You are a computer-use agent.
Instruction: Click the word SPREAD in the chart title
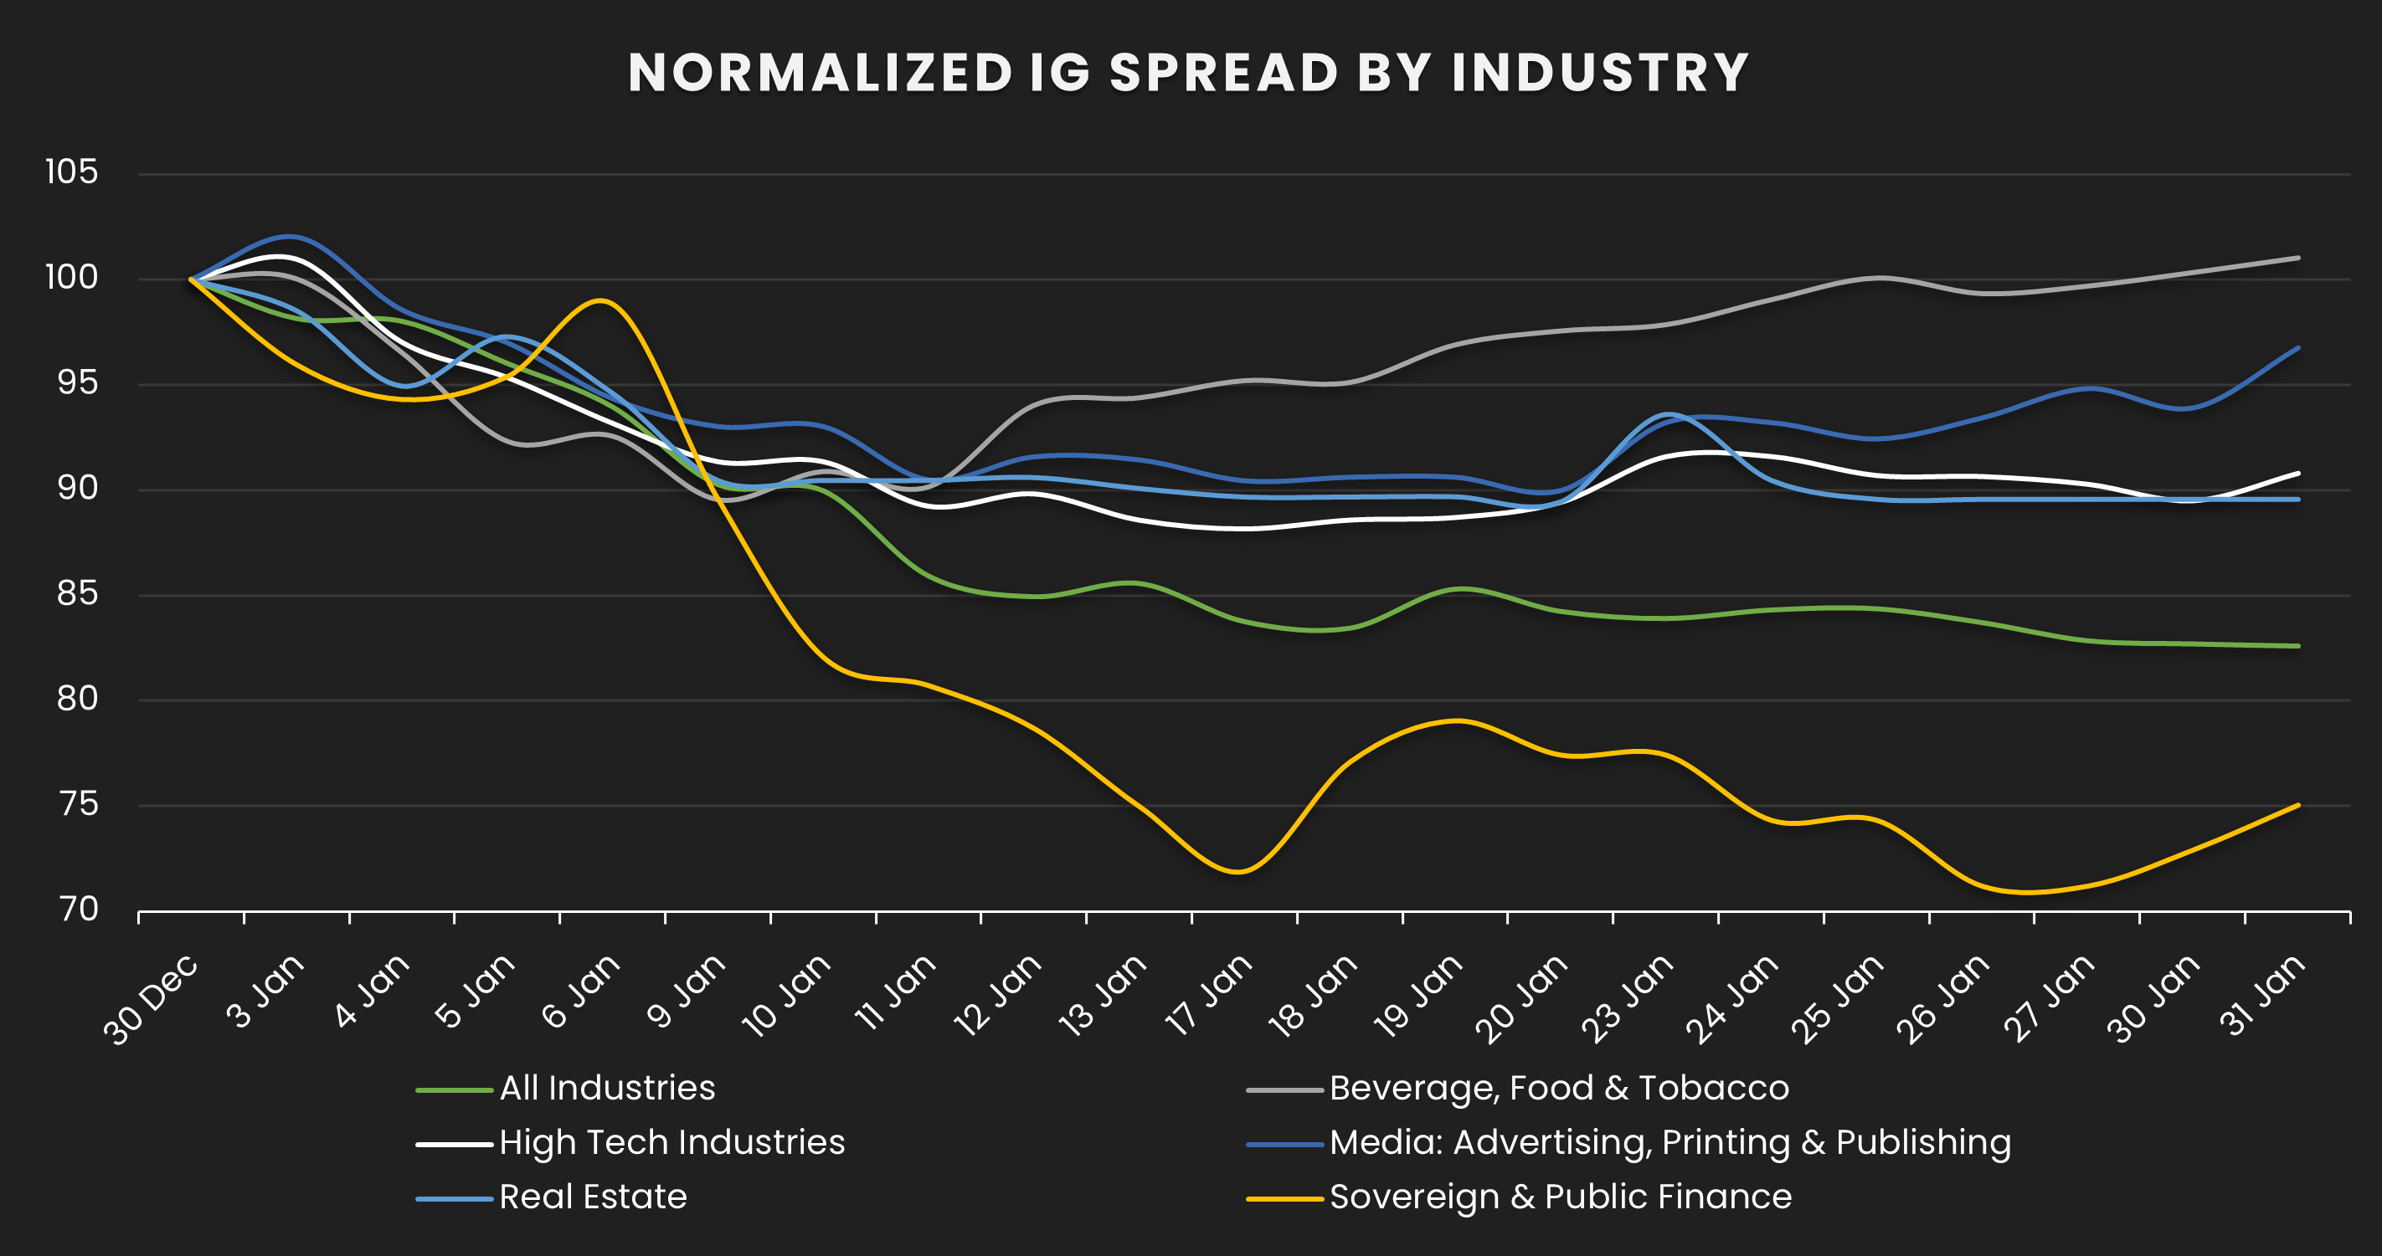[1222, 73]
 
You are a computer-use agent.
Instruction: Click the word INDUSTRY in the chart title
[1600, 73]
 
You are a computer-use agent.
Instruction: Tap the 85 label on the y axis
[77, 593]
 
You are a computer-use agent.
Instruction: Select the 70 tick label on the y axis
[78, 910]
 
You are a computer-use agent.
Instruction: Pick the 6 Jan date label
[581, 992]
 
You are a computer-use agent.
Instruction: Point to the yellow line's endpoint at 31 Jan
[2299, 805]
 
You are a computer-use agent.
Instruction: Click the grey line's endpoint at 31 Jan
[2299, 258]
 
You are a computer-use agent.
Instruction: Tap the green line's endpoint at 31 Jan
[2299, 646]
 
